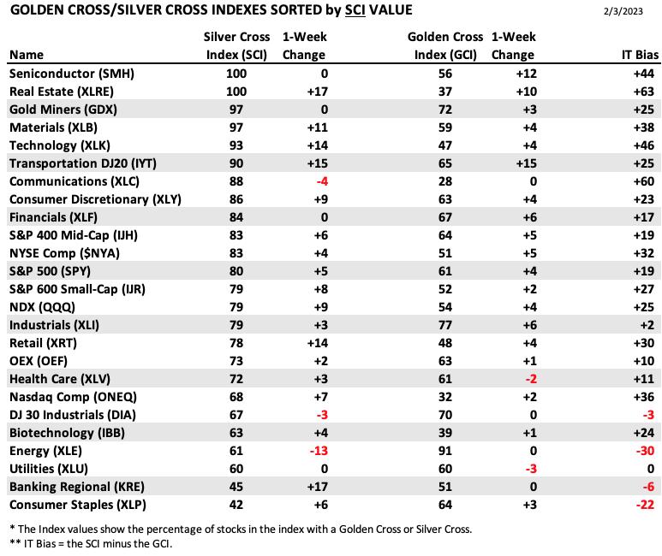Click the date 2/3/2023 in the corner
tap(623, 11)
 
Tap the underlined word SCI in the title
tap(355, 9)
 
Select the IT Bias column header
tap(640, 55)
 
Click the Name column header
tap(27, 55)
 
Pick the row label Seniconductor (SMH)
tap(72, 74)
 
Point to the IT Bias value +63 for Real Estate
tap(643, 92)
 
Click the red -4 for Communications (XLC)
tap(322, 181)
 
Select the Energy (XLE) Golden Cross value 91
tap(445, 451)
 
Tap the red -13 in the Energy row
tap(319, 451)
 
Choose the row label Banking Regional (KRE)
tap(77, 487)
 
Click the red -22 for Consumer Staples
tap(645, 505)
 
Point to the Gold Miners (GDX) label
tap(63, 109)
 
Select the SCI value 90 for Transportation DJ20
tap(236, 163)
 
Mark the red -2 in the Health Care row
tap(531, 379)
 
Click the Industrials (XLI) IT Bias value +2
tap(647, 325)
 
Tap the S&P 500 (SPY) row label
tap(50, 271)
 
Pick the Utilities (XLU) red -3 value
tap(531, 469)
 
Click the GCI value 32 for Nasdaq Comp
tap(445, 397)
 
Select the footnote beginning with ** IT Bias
tap(91, 544)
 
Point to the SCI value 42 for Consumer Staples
tap(236, 505)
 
